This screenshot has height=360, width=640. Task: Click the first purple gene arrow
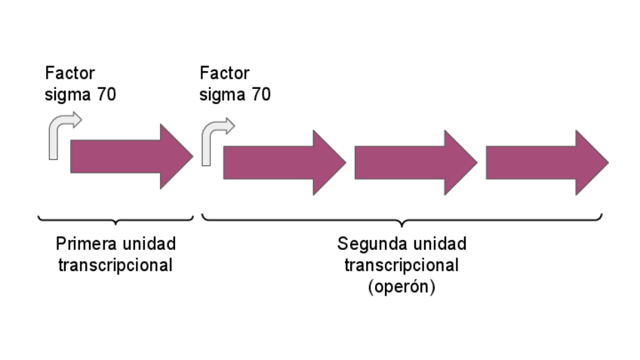click(x=128, y=157)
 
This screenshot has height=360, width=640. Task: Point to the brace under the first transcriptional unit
click(x=115, y=220)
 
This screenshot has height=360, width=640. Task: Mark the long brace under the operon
click(x=402, y=220)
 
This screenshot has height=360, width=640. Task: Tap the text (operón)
click(x=402, y=288)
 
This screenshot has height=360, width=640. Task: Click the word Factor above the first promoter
click(x=70, y=73)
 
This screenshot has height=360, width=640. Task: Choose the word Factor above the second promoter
click(x=224, y=73)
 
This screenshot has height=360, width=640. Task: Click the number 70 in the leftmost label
click(x=106, y=95)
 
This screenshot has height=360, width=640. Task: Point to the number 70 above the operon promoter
click(x=260, y=95)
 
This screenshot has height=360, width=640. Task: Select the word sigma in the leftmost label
click(x=67, y=95)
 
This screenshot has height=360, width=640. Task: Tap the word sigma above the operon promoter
click(x=222, y=95)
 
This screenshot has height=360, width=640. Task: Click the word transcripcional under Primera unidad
click(x=115, y=266)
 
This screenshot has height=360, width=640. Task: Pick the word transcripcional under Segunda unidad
click(x=402, y=266)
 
